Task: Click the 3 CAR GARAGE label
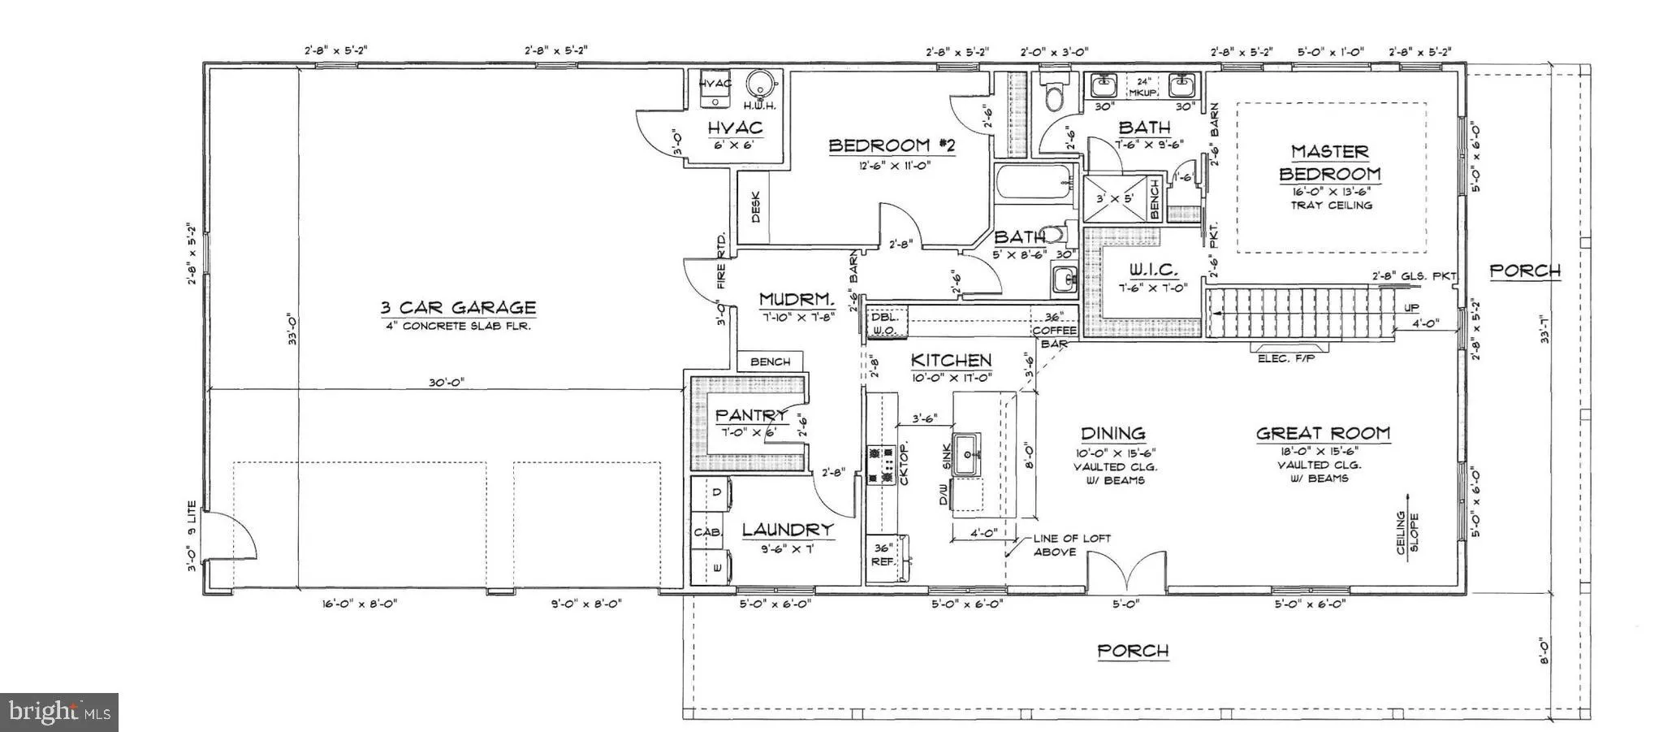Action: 458,308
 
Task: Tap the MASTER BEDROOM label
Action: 1329,162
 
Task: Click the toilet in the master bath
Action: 1054,93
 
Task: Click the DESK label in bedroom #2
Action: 755,207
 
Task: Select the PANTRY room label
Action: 751,415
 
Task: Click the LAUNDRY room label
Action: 788,530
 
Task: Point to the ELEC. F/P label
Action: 1285,358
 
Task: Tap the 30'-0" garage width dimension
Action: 443,383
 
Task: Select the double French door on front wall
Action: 1127,574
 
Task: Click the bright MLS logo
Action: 59,712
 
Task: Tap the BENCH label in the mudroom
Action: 770,362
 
